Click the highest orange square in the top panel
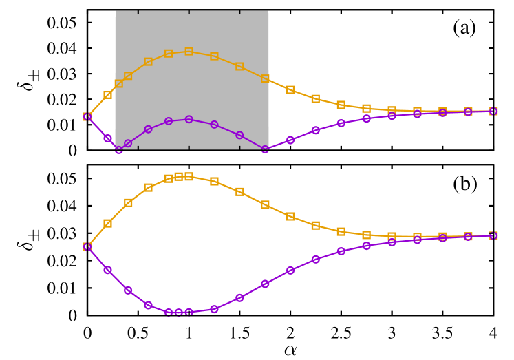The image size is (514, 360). (189, 52)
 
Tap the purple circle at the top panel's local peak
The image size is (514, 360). (189, 119)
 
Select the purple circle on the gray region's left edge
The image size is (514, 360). (118, 149)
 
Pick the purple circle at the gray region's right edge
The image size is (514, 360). (265, 149)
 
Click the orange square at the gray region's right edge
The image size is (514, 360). (265, 78)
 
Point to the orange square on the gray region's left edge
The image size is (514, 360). (118, 83)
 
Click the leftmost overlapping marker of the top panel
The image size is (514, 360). (87, 116)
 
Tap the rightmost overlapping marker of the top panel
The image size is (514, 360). (493, 111)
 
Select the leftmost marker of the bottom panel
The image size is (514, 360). (87, 246)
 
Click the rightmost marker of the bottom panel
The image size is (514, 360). (493, 235)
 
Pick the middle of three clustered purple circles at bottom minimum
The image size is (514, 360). (178, 313)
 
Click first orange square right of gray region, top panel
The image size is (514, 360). (290, 89)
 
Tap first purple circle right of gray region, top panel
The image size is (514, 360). (290, 140)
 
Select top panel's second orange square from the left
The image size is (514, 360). (107, 95)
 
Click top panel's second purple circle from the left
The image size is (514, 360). (107, 138)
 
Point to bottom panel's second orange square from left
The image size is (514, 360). (107, 223)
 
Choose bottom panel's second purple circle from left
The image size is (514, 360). (107, 270)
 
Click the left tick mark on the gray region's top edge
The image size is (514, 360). (138, 12)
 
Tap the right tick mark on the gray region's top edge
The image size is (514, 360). (239, 12)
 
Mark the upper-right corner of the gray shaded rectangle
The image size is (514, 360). (268, 10)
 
